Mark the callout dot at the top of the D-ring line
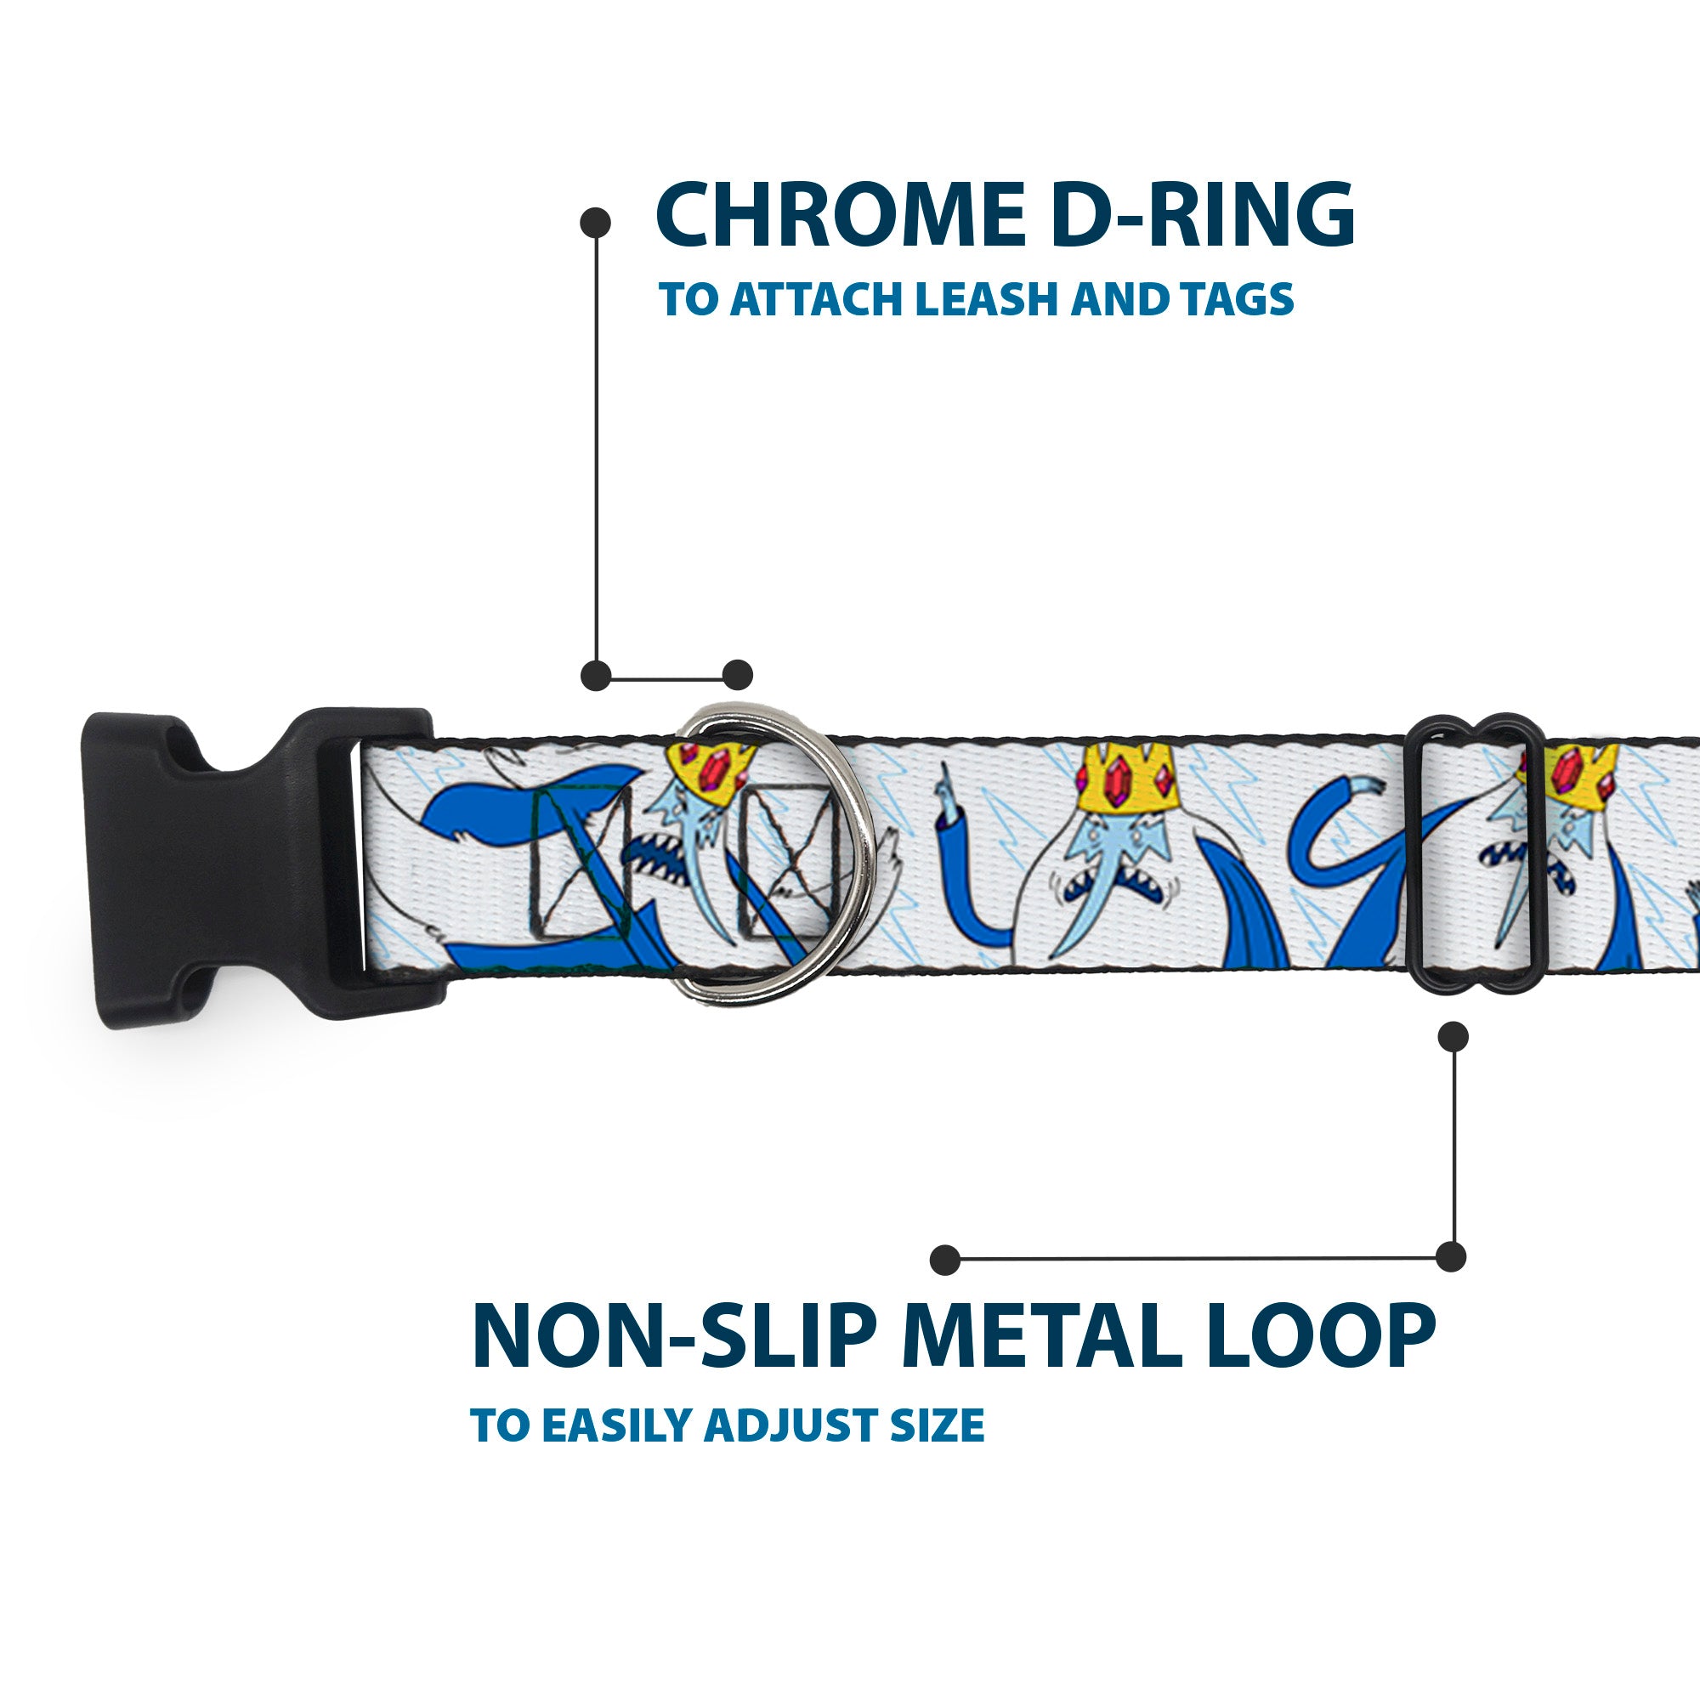(x=596, y=222)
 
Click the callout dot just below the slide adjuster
(x=1453, y=1036)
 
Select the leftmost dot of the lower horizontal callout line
(x=945, y=1259)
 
